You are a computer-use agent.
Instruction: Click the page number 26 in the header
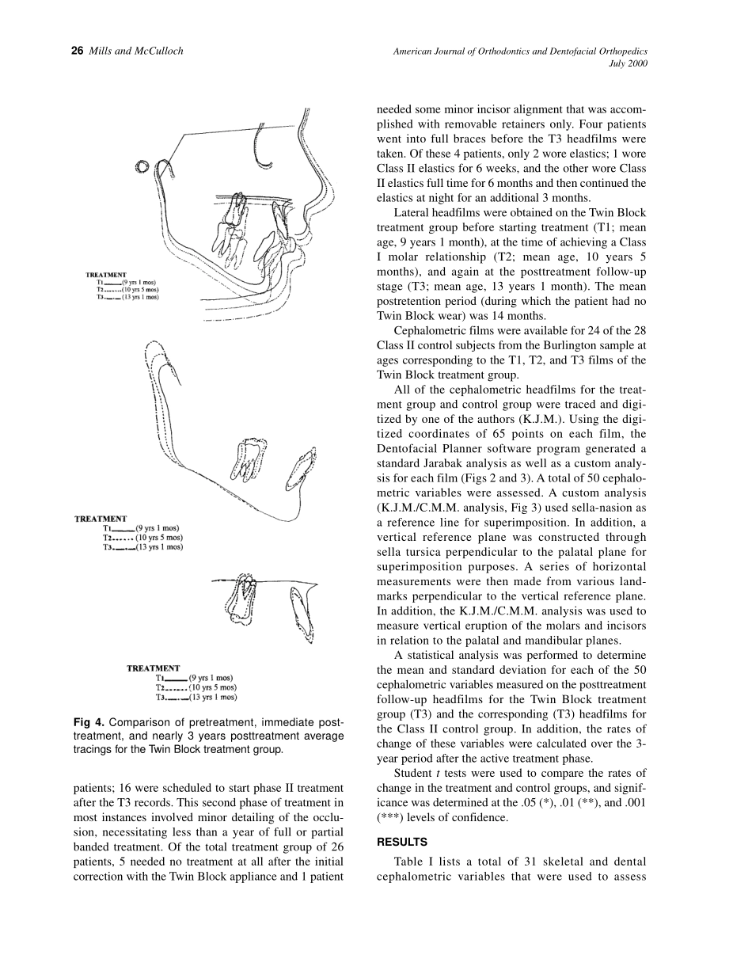tap(77, 51)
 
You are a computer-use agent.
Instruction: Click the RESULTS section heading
tap(401, 842)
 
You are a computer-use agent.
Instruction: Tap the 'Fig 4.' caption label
tap(88, 723)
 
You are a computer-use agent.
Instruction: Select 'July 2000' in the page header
tap(628, 64)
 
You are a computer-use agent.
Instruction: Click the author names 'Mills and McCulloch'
tap(135, 51)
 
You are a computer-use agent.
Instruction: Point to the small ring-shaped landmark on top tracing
tap(142, 167)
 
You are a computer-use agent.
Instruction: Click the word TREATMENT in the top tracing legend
tap(107, 275)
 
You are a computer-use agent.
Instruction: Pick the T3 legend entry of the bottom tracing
tap(196, 698)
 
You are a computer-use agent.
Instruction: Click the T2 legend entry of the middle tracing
tap(142, 538)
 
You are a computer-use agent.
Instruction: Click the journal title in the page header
tap(520, 51)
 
